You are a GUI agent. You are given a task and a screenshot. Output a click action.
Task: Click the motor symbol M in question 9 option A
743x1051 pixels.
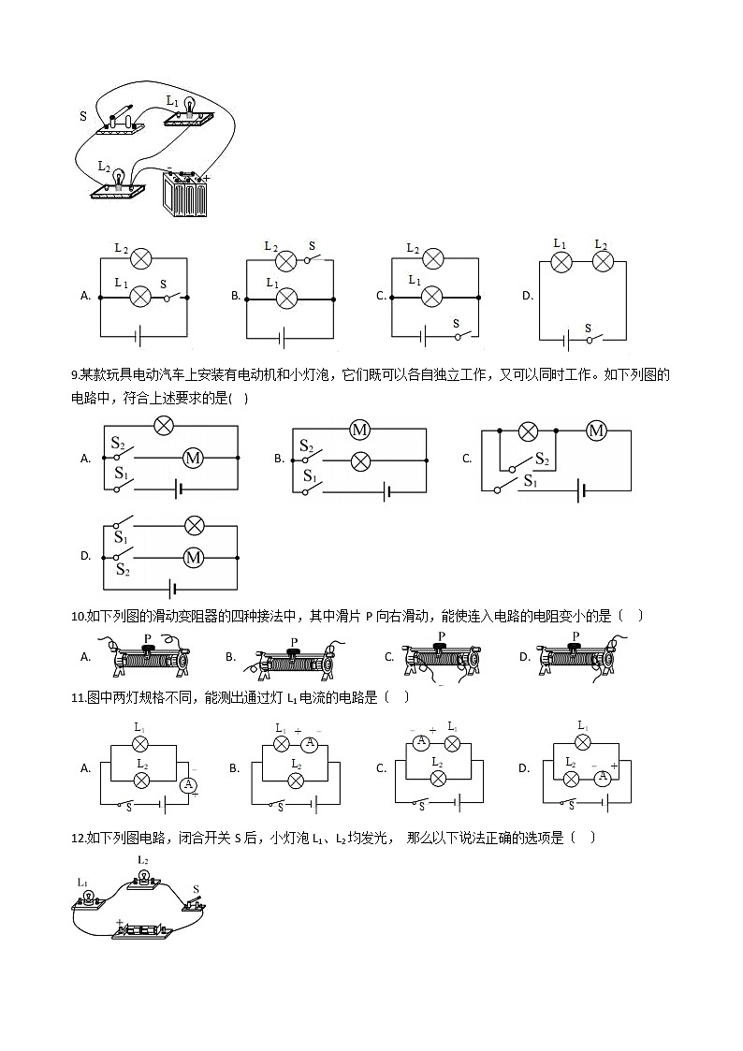tap(193, 458)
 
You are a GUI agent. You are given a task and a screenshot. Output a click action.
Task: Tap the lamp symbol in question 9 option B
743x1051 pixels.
tap(359, 460)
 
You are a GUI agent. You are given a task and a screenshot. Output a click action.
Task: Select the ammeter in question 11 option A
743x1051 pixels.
tap(188, 784)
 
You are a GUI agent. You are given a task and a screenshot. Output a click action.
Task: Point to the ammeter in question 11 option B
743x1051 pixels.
tap(309, 745)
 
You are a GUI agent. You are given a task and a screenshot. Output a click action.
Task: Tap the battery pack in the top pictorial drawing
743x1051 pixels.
tap(184, 194)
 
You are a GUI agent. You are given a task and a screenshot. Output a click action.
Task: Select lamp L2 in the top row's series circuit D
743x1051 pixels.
tap(602, 262)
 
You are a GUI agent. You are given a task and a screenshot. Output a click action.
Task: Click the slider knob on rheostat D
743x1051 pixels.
tap(575, 647)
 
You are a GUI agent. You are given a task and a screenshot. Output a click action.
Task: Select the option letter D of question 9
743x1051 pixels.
tap(85, 556)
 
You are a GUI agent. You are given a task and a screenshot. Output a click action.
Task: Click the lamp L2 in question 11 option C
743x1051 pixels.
tap(438, 778)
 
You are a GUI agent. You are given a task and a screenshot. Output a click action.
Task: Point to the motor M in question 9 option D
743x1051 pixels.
tap(193, 557)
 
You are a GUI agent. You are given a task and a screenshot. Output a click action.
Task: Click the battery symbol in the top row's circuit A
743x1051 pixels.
tap(140, 335)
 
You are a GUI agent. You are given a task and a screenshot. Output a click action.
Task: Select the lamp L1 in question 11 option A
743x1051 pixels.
tap(140, 744)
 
